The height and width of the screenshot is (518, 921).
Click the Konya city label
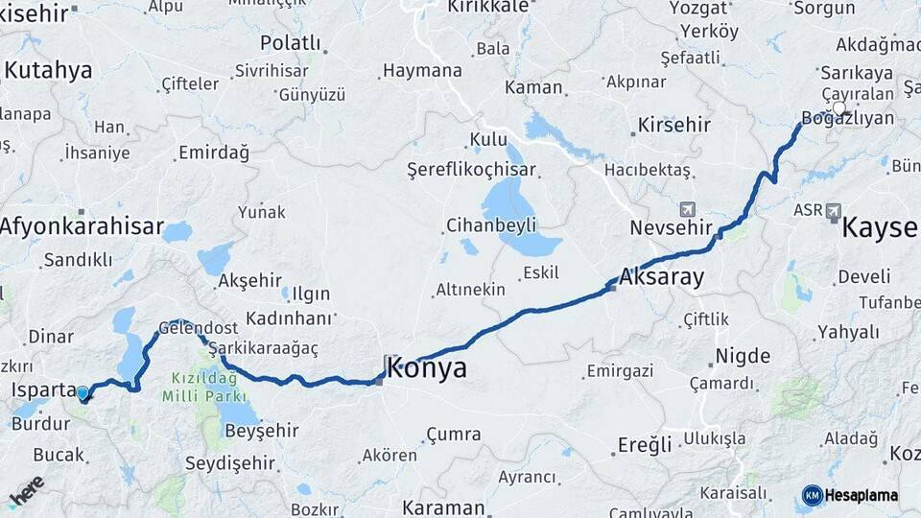[x=427, y=368]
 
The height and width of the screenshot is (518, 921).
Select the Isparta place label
[x=44, y=390]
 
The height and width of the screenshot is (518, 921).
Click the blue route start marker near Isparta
[x=83, y=392]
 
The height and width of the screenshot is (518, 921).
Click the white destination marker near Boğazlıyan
[x=839, y=108]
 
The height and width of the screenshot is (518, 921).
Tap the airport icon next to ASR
[x=833, y=210]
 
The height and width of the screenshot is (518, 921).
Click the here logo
[x=26, y=488]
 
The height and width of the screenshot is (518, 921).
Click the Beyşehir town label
[x=262, y=431]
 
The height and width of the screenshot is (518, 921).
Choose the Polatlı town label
[x=291, y=43]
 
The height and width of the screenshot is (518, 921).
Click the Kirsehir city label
[x=675, y=125]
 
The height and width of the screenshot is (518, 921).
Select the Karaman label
[x=443, y=507]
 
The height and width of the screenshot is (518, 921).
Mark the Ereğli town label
[x=645, y=445]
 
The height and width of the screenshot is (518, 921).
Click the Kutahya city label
[x=48, y=70]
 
